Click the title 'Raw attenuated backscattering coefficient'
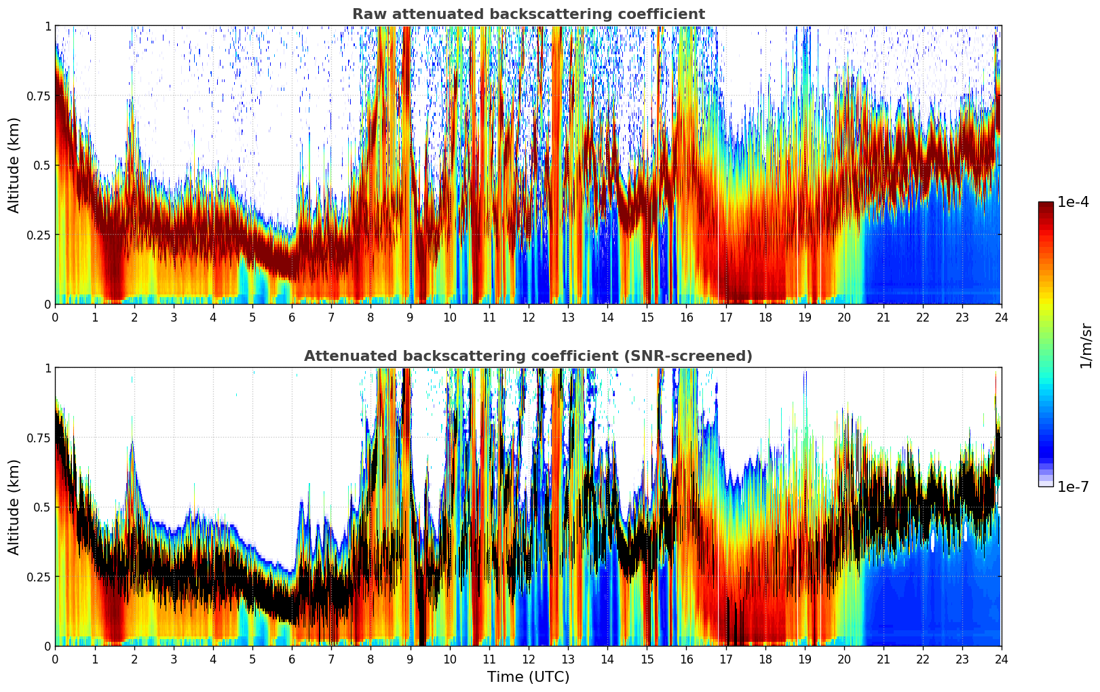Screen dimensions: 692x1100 pyautogui.click(x=528, y=14)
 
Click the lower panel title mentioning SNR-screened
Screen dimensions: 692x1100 pyautogui.click(x=528, y=356)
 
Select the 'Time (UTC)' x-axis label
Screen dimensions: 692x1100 pyautogui.click(x=528, y=677)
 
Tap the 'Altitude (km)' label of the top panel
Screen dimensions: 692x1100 pyautogui.click(x=14, y=165)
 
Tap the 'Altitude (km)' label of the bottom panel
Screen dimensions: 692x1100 pyautogui.click(x=14, y=507)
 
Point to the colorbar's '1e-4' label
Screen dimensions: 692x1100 pyautogui.click(x=1073, y=202)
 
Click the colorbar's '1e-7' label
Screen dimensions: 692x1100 pyautogui.click(x=1073, y=486)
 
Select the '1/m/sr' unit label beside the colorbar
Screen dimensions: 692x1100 pyautogui.click(x=1086, y=345)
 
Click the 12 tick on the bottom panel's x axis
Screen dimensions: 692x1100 pyautogui.click(x=529, y=659)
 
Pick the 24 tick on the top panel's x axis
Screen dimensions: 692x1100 pyautogui.click(x=1002, y=317)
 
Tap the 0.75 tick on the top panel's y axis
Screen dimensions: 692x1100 pyautogui.click(x=38, y=96)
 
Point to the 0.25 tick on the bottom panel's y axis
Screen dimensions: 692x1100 pyautogui.click(x=38, y=577)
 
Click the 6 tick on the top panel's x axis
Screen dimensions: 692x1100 pyautogui.click(x=292, y=317)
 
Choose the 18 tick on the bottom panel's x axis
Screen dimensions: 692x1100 pyautogui.click(x=765, y=659)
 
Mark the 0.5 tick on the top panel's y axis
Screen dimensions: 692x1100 pyautogui.click(x=42, y=165)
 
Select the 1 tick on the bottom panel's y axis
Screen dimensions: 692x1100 pyautogui.click(x=48, y=368)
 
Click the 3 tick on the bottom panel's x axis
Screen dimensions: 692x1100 pyautogui.click(x=174, y=659)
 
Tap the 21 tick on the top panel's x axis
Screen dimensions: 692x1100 pyautogui.click(x=883, y=317)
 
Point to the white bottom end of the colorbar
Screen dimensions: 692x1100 pyautogui.click(x=1045, y=484)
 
